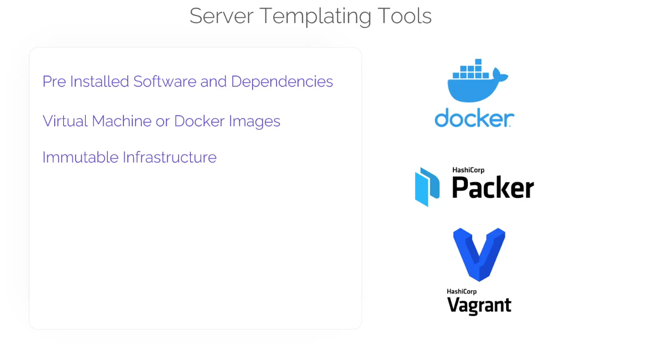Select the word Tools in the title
(404, 16)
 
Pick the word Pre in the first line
(54, 82)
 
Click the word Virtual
(65, 121)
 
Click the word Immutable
(80, 157)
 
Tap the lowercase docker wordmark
(474, 118)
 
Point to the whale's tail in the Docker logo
(499, 75)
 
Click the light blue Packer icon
(427, 187)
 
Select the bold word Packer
(493, 188)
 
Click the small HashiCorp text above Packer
(468, 170)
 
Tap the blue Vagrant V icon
(479, 254)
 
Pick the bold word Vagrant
(479, 306)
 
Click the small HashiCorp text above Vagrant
(462, 291)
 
